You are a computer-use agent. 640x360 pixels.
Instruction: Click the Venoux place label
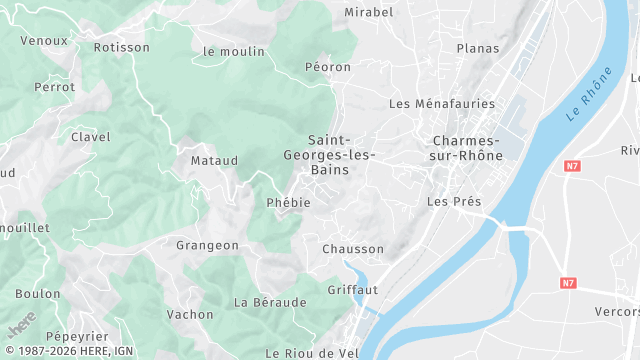[x=44, y=41]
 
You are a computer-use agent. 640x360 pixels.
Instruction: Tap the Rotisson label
[x=120, y=47]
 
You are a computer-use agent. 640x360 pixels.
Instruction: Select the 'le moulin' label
[x=233, y=51]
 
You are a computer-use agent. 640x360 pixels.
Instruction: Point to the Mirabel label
[x=369, y=12]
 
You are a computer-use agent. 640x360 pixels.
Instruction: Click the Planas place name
[x=477, y=48]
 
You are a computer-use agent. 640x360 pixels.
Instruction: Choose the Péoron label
[x=328, y=67]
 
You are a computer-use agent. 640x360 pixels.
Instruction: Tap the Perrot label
[x=54, y=87]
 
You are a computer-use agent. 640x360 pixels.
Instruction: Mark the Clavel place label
[x=90, y=137]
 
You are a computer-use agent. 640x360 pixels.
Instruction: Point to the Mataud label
[x=214, y=160]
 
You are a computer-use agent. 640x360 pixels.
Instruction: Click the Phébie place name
[x=289, y=202]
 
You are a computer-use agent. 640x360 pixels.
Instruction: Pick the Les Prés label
[x=454, y=202]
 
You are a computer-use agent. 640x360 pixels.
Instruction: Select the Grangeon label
[x=207, y=245]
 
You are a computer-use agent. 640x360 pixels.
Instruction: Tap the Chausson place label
[x=353, y=249]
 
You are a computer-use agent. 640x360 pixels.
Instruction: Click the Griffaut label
[x=352, y=290]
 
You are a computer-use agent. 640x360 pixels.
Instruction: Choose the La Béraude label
[x=270, y=302]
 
